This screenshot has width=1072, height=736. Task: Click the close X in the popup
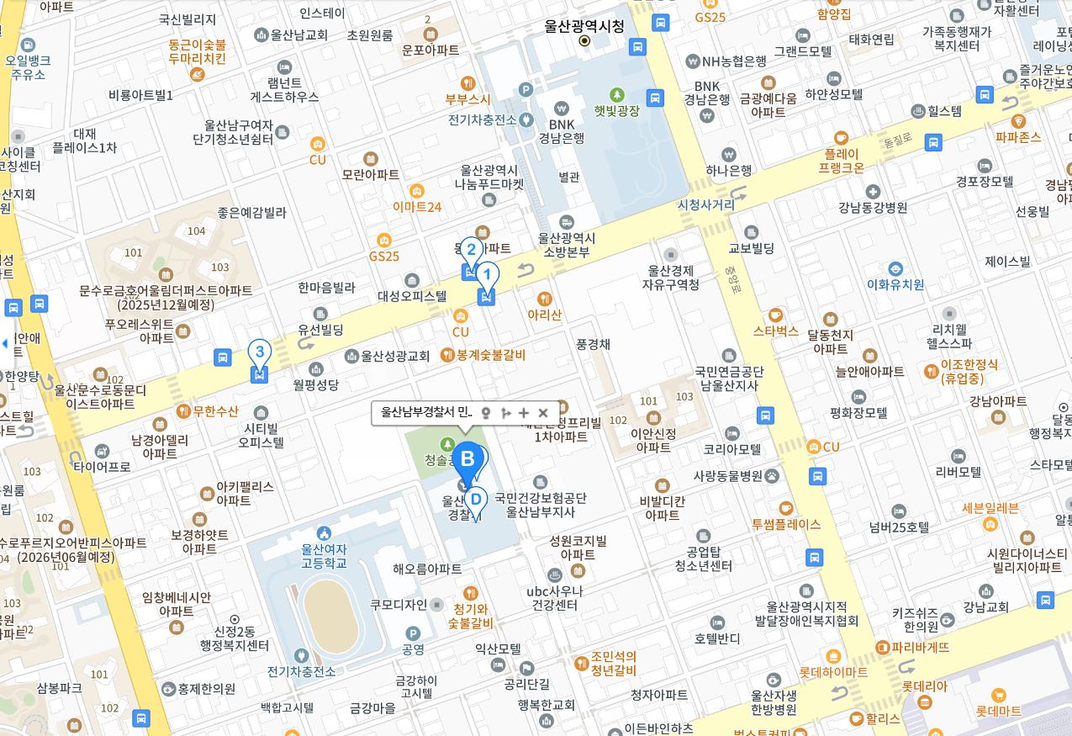pyautogui.click(x=543, y=413)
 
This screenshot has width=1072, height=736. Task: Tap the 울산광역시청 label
pyautogui.click(x=584, y=26)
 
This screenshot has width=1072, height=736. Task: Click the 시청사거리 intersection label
pyautogui.click(x=705, y=204)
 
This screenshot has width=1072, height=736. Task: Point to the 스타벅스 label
pyautogui.click(x=775, y=331)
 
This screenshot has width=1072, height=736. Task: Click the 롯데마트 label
pyautogui.click(x=998, y=711)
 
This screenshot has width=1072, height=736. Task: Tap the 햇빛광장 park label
pyautogui.click(x=617, y=110)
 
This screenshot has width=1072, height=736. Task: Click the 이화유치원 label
pyautogui.click(x=895, y=284)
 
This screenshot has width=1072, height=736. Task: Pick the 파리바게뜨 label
pyautogui.click(x=920, y=648)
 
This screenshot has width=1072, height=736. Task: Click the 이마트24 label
pyautogui.click(x=417, y=206)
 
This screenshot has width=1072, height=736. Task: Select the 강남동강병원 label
pyautogui.click(x=873, y=207)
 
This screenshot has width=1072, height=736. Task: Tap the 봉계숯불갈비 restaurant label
pyautogui.click(x=490, y=355)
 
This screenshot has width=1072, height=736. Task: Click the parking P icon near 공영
pyautogui.click(x=413, y=633)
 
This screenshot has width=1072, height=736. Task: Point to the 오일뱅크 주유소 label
pyautogui.click(x=28, y=66)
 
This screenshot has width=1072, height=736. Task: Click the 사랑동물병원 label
pyautogui.click(x=726, y=475)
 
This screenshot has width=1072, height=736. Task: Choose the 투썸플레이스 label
pyautogui.click(x=785, y=524)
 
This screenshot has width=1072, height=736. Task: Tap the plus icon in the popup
pyautogui.click(x=524, y=413)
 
